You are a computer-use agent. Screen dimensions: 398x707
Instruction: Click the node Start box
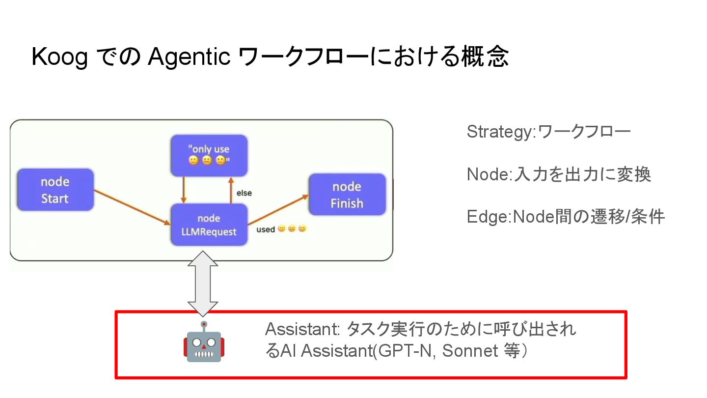[55, 190]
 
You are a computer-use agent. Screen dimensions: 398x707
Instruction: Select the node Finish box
[347, 195]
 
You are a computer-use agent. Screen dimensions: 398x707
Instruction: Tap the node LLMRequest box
[209, 225]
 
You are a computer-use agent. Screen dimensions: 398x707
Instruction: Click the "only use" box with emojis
[209, 155]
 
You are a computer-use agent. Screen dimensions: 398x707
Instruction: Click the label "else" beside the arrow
[244, 193]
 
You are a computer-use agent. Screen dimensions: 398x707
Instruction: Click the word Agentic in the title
[189, 58]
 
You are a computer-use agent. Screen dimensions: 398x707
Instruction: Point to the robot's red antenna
[203, 324]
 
